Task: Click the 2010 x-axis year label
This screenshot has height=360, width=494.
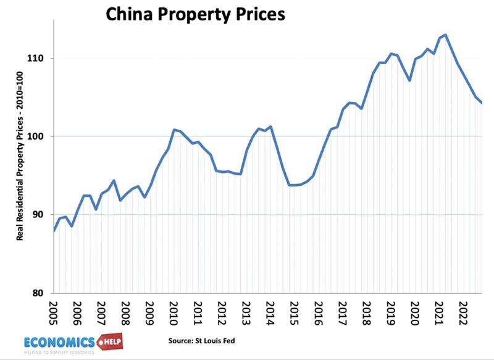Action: pos(174,312)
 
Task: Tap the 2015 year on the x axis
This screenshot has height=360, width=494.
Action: pos(295,312)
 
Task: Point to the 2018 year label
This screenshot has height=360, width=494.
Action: pos(367,312)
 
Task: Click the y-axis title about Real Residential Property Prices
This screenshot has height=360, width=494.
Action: pos(20,170)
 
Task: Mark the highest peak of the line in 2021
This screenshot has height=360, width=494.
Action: pos(446,35)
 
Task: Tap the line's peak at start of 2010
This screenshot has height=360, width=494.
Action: pos(175,130)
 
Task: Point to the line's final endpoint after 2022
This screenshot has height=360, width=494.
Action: pos(482,103)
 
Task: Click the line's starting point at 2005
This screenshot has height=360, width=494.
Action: pos(54,231)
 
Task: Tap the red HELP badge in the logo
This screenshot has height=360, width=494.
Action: pos(107,341)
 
